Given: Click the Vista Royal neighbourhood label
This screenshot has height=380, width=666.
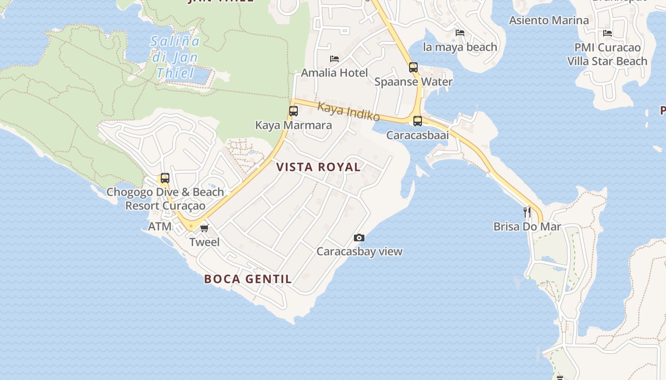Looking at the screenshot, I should click(x=318, y=167).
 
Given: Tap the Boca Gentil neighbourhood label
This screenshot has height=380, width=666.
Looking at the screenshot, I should click(x=248, y=279).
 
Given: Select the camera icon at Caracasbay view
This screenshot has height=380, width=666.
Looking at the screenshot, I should click(x=359, y=237).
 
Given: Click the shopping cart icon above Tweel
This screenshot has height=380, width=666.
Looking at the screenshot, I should click(x=205, y=228).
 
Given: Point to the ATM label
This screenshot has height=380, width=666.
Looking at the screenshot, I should click(x=160, y=227).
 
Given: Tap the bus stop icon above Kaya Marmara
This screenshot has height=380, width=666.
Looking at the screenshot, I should click(x=294, y=111).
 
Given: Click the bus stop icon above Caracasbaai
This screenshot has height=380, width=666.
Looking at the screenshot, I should click(x=417, y=121).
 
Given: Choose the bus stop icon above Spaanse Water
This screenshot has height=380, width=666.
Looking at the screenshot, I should click(x=413, y=67).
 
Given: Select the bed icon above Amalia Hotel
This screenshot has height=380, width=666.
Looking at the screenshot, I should click(x=334, y=59).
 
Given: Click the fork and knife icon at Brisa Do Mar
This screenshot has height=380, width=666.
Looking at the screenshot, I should click(x=527, y=212).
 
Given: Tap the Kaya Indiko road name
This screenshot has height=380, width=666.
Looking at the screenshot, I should click(x=349, y=112).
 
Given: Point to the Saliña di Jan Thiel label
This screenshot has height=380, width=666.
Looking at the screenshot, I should click(x=175, y=57).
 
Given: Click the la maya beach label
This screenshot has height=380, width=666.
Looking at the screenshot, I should click(x=460, y=47).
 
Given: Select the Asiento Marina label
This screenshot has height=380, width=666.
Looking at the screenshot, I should click(x=549, y=20).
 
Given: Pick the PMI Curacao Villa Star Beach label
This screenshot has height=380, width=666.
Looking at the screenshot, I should click(x=607, y=55).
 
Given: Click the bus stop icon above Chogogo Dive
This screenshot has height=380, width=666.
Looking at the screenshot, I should click(x=165, y=178).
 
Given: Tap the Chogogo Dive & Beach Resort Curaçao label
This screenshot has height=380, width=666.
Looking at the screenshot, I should click(x=165, y=199).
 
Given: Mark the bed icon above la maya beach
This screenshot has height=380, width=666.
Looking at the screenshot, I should click(x=460, y=33).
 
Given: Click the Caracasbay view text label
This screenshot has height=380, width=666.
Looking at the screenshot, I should click(x=360, y=252).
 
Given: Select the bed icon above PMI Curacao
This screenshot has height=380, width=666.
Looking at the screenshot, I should click(x=607, y=33).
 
